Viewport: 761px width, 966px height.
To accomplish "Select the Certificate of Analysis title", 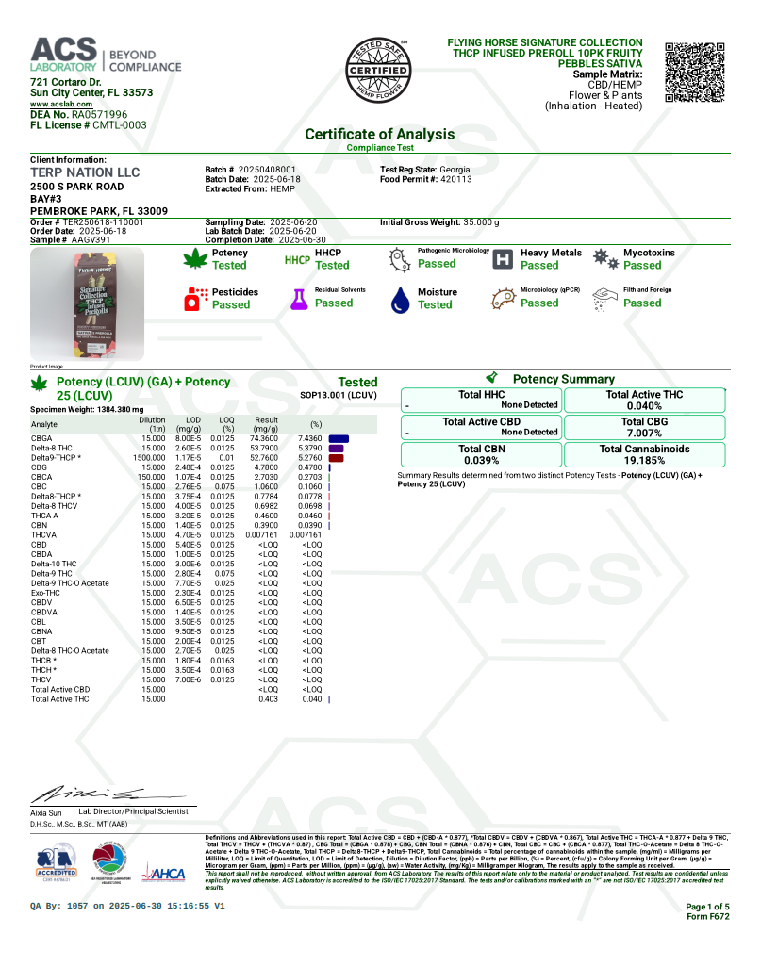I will click(x=379, y=135).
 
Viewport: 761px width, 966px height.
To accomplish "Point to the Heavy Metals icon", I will click(x=503, y=259).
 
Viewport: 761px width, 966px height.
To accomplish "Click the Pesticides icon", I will click(x=197, y=299).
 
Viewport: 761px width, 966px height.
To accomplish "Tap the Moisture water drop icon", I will click(x=400, y=299).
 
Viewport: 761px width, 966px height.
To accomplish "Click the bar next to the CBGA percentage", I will click(x=339, y=439).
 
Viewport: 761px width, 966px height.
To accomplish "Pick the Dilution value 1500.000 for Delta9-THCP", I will click(x=153, y=458).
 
